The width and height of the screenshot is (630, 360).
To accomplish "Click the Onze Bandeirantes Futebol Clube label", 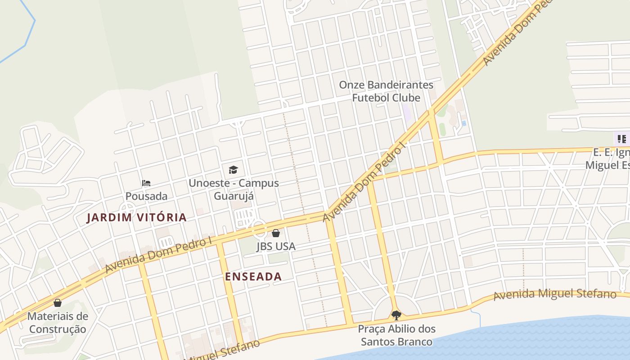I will click(386, 91).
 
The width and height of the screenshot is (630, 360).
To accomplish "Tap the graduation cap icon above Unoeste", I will click(233, 170).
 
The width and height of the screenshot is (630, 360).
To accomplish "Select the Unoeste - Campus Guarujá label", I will click(234, 189).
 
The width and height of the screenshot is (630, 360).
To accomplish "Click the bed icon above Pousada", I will click(146, 183).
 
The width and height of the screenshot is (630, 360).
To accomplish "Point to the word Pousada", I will click(146, 196).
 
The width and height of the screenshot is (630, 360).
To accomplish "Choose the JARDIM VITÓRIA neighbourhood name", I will click(136, 217).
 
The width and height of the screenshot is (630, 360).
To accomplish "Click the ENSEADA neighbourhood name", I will click(253, 276).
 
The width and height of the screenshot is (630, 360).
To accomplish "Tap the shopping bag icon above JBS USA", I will click(276, 233).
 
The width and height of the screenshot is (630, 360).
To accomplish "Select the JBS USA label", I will click(276, 246).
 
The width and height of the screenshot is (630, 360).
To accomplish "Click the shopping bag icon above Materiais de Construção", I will click(57, 303).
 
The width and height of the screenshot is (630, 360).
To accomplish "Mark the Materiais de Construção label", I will click(58, 323).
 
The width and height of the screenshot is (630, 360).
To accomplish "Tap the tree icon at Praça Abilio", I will click(396, 315).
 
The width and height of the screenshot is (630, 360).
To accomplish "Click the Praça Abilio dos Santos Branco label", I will click(396, 335).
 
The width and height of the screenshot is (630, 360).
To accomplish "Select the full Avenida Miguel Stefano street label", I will click(554, 294).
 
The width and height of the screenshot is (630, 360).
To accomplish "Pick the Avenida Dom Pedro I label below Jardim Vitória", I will click(158, 255).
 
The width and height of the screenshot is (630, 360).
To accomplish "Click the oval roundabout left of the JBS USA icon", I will click(259, 228).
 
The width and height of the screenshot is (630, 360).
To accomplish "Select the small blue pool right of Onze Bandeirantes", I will click(463, 123).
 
